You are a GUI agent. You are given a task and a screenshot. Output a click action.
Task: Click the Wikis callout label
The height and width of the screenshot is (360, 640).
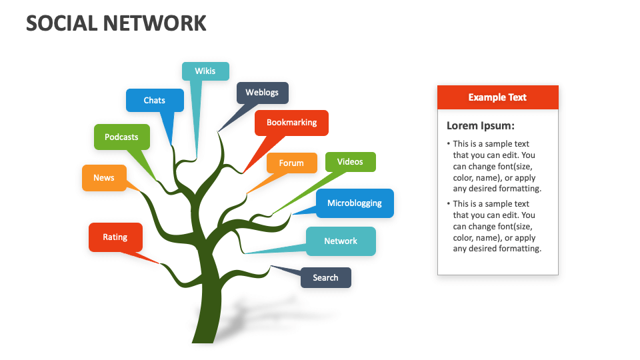(205, 71)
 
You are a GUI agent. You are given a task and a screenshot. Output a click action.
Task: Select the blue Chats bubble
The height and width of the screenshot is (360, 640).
(155, 101)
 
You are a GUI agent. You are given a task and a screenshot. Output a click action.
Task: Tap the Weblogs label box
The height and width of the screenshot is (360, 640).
(262, 93)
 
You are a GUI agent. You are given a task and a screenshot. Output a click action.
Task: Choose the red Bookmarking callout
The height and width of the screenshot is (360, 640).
(291, 123)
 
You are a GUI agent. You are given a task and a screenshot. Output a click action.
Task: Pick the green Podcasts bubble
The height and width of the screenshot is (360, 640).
(121, 137)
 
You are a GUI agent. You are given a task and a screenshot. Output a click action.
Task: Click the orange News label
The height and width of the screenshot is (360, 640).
(104, 178)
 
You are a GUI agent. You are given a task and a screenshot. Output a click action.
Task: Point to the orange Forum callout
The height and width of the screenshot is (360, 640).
(291, 163)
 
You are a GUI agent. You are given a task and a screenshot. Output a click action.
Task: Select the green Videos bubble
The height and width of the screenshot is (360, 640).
(350, 162)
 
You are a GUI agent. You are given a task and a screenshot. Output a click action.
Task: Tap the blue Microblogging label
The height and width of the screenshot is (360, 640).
(355, 203)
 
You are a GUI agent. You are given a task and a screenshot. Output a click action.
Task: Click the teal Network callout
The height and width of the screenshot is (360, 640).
(341, 241)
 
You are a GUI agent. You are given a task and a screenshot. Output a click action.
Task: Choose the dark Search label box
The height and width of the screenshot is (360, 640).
(325, 278)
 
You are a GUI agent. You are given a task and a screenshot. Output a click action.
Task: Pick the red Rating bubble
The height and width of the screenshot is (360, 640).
(115, 237)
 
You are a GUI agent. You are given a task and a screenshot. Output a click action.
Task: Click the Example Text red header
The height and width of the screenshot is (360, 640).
(497, 97)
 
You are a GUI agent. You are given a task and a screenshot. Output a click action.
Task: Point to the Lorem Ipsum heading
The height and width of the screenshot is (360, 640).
(480, 125)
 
